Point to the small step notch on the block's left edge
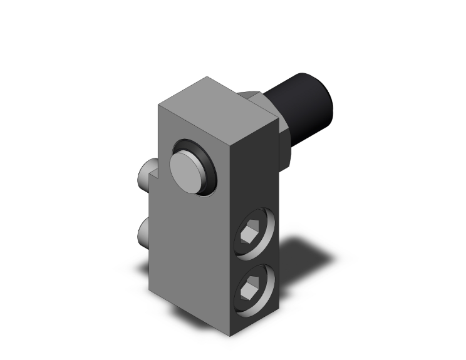pyautogui.click(x=153, y=185)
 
